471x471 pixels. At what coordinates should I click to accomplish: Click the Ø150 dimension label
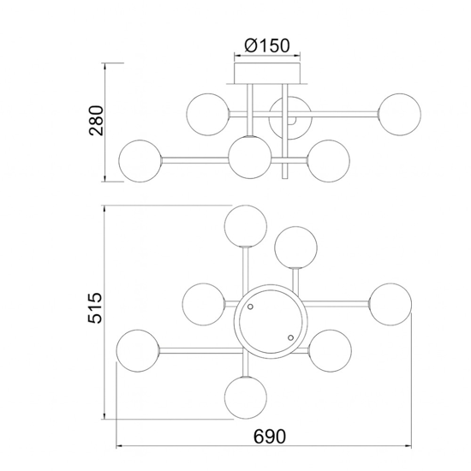click(x=267, y=45)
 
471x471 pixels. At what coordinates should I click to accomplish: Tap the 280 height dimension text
click(x=97, y=121)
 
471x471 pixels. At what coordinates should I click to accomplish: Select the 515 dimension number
click(x=95, y=308)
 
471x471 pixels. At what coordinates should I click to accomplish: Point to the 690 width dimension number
click(x=270, y=437)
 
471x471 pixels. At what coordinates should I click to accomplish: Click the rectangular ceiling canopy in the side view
click(x=267, y=73)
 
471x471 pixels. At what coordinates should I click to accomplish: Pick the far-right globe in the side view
click(x=400, y=115)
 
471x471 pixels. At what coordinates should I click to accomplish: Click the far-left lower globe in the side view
click(x=140, y=161)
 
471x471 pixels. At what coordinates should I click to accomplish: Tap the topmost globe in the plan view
click(x=246, y=226)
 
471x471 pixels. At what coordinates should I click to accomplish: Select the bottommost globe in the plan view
click(x=246, y=397)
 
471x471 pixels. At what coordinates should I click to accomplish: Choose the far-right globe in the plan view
click(x=391, y=304)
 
